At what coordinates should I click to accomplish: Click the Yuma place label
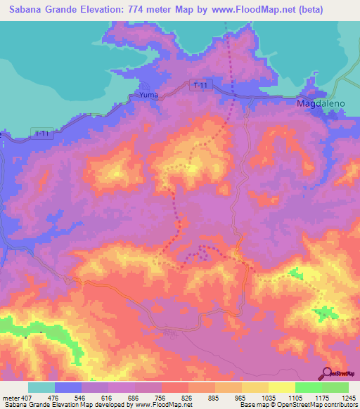148,94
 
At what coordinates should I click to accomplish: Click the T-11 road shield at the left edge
43,133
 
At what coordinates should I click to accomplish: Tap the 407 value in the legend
27,397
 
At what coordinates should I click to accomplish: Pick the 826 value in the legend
186,397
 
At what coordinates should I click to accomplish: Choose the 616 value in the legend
107,397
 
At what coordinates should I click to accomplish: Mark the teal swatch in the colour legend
41,387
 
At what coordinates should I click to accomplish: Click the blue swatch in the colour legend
68,387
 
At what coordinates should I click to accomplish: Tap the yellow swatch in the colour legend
281,387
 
